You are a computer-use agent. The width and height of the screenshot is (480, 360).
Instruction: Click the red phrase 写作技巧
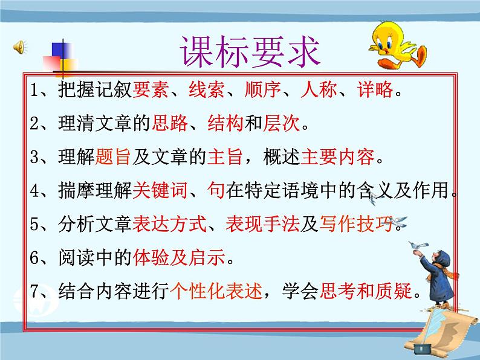pos(356,225)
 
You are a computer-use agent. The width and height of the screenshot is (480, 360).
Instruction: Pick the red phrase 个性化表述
pos(217,293)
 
